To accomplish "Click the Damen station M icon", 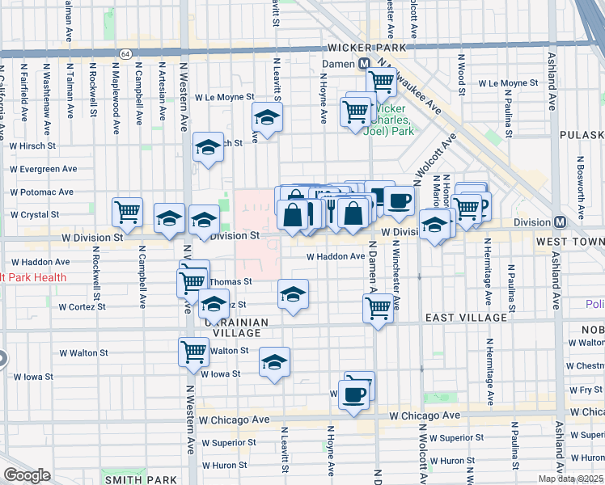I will point(365,63).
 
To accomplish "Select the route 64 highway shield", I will point(125,53).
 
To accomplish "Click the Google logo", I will point(27,475).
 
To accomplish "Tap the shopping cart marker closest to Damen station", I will point(381,80).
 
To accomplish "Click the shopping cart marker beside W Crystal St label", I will point(127,212).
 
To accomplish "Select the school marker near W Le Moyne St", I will point(266,117).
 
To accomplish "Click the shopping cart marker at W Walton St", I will point(193,352).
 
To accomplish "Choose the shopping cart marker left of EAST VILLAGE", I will point(378,308).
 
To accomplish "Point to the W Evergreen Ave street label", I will point(43,170).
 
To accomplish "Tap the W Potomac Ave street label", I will point(41,192).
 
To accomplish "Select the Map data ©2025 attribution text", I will point(569,479).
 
